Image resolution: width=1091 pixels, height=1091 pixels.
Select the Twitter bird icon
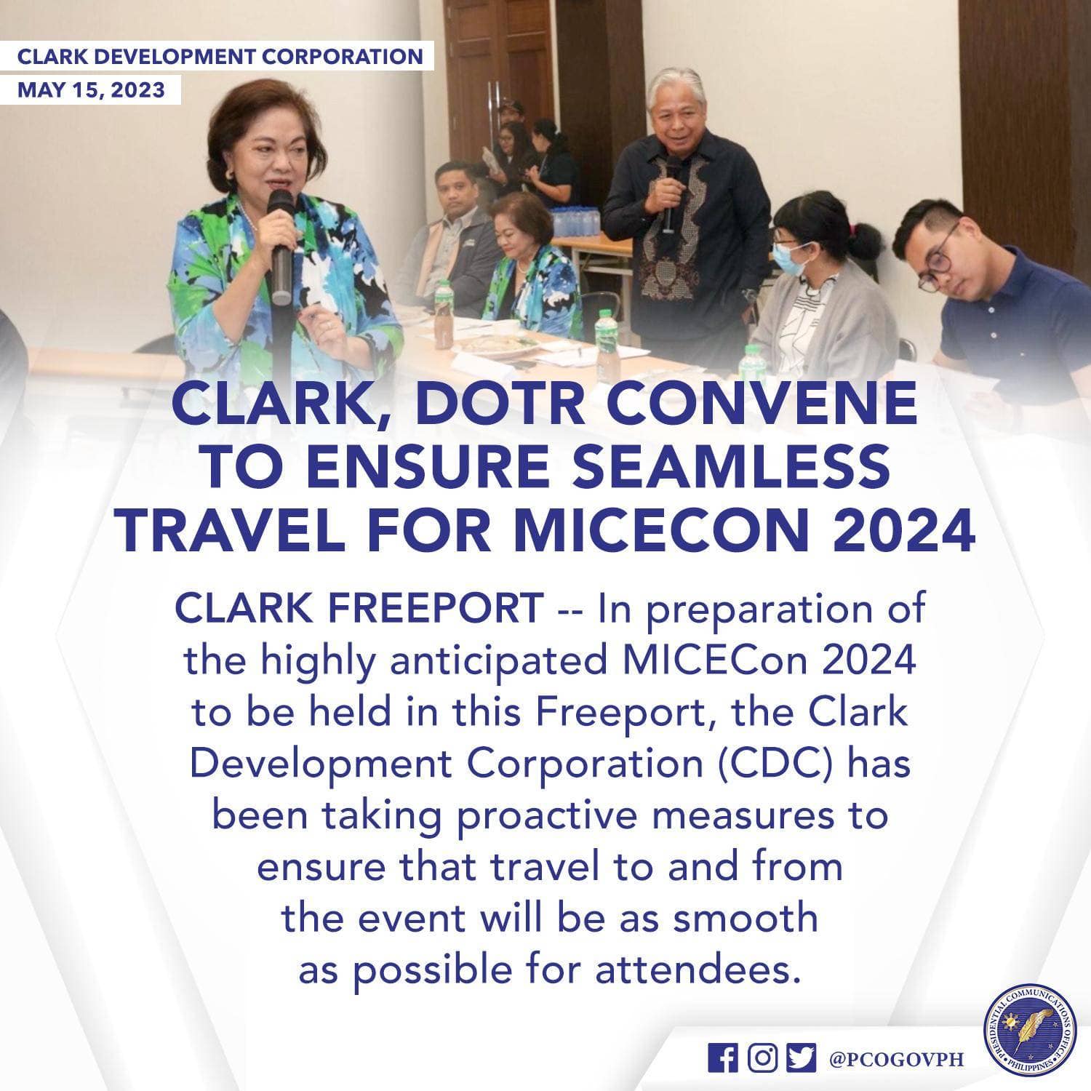[x=801, y=1058]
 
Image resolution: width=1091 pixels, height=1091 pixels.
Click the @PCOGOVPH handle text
[x=896, y=1059]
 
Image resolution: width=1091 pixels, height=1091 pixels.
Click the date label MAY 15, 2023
[x=91, y=90]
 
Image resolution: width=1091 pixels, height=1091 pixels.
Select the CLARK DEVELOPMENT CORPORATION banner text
[x=220, y=56]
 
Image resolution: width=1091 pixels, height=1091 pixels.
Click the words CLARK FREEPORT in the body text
[x=359, y=607]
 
